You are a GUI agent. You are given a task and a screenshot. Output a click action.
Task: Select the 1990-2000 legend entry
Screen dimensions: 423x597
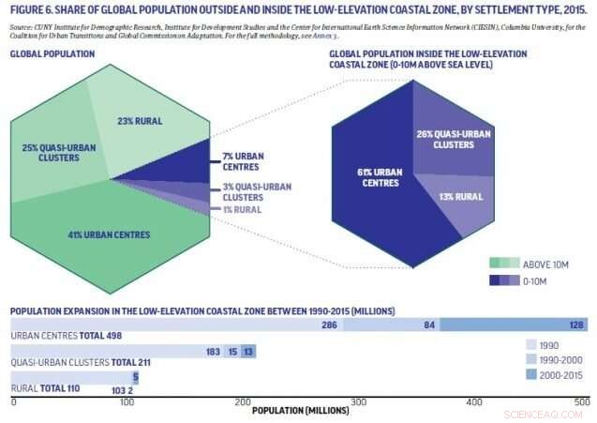pyautogui.click(x=554, y=359)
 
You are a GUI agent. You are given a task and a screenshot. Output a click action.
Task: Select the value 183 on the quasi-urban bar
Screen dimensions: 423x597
pyautogui.click(x=212, y=352)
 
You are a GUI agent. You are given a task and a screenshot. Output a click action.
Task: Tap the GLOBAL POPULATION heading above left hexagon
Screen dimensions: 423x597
pyautogui.click(x=53, y=54)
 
